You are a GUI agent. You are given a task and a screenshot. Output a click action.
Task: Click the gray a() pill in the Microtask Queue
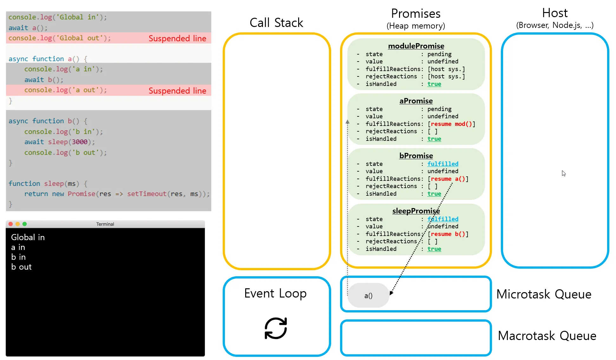tap(368, 295)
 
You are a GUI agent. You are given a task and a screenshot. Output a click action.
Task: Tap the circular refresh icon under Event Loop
tap(276, 328)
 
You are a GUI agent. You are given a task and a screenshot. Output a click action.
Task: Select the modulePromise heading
tap(416, 46)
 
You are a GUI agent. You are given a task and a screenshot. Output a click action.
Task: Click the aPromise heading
tap(416, 101)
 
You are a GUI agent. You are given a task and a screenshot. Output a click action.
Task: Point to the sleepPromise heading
tap(416, 211)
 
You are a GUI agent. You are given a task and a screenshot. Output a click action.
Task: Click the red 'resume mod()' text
tap(451, 124)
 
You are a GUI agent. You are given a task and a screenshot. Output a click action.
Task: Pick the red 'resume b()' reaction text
tap(448, 234)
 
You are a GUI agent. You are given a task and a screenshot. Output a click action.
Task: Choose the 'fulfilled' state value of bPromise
tap(443, 164)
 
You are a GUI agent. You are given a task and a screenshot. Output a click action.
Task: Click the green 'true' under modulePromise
tap(434, 84)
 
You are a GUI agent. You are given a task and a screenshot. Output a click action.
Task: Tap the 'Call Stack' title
tap(276, 23)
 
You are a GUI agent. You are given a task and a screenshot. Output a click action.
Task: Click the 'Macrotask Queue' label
tap(547, 336)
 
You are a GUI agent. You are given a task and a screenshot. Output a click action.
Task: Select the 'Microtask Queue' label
tap(544, 294)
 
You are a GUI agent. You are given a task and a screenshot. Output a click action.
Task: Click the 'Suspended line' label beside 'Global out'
tap(177, 38)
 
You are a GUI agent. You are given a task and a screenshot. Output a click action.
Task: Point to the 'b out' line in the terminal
tap(21, 267)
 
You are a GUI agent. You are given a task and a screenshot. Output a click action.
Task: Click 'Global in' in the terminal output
tap(28, 237)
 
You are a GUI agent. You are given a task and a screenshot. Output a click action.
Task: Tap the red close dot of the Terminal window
tap(10, 224)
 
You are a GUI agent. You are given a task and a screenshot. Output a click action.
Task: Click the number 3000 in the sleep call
tap(80, 142)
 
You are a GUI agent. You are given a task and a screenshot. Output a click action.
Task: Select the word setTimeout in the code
tap(147, 194)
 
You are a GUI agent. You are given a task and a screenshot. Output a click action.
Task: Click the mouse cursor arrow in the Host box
tap(564, 173)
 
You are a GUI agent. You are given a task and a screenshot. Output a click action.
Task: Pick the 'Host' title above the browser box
tap(555, 13)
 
